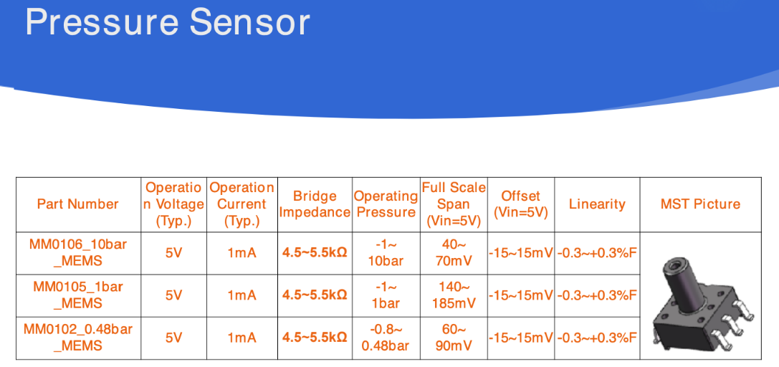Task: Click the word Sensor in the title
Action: tap(249, 22)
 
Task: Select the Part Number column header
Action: tap(77, 204)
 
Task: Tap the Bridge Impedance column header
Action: tap(315, 204)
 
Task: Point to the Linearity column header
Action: tap(597, 204)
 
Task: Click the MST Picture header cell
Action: tap(700, 204)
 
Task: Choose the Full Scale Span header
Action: tap(454, 204)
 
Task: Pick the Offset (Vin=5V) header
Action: tap(521, 204)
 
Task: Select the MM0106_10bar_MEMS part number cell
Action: tap(77, 252)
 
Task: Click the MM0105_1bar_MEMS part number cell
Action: tap(77, 295)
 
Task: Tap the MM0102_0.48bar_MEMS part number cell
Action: tap(77, 337)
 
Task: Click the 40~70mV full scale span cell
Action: tap(454, 252)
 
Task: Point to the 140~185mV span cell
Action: tap(454, 295)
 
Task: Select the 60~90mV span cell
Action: tap(454, 337)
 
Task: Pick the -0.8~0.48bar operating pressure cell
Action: tap(386, 337)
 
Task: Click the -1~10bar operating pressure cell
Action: tap(386, 252)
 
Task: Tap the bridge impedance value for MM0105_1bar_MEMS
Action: tap(315, 295)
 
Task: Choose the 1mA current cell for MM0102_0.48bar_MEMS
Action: tap(242, 337)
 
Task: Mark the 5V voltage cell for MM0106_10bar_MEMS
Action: tap(174, 252)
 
